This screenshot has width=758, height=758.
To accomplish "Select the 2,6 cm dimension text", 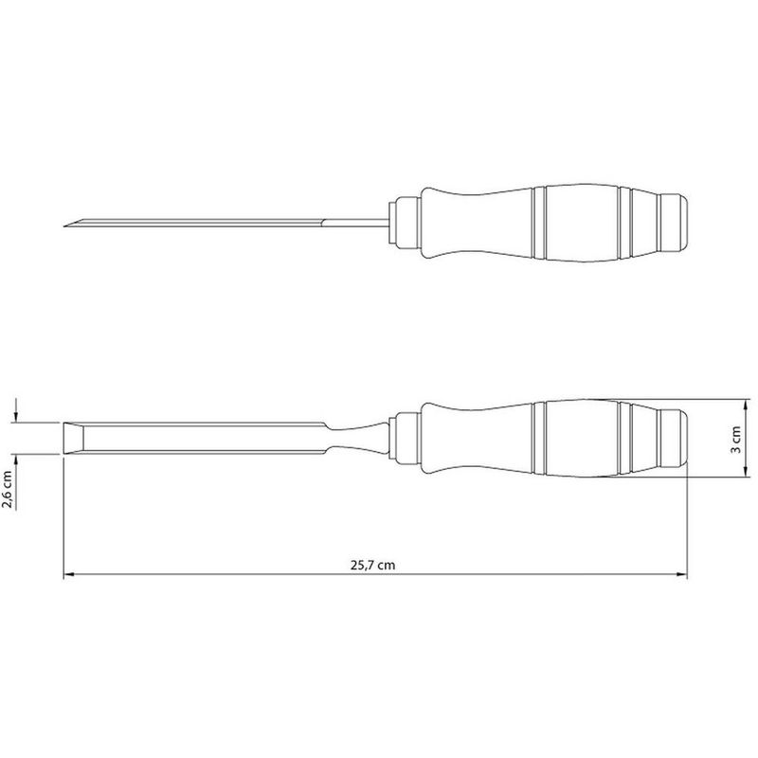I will point(9,491).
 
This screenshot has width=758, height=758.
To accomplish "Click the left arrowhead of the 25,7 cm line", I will point(67,575).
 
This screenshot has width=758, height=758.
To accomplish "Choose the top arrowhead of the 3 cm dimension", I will point(724,402).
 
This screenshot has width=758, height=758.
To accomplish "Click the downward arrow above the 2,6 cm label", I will point(17,417).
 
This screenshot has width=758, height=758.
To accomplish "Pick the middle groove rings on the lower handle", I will point(542,438).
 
